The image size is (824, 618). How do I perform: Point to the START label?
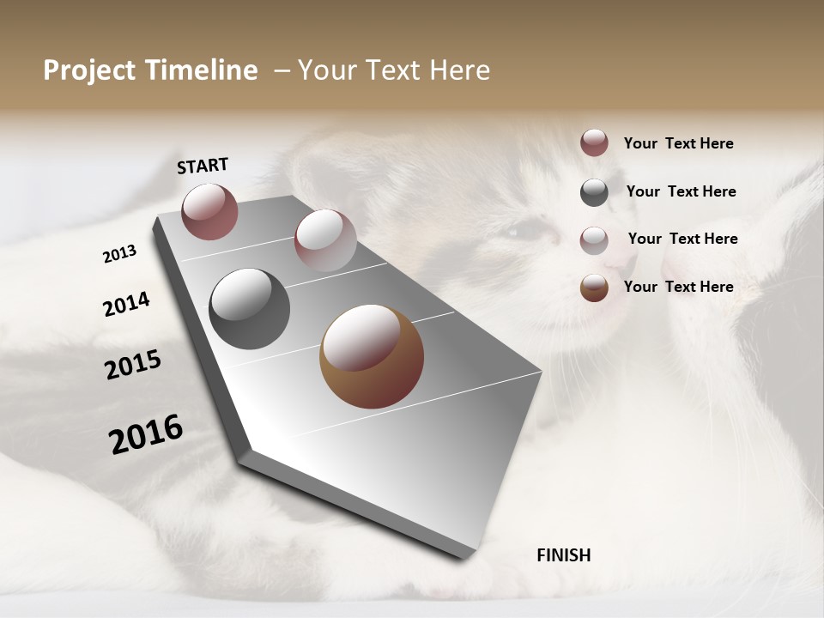[203, 166]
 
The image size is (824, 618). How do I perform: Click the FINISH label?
[563, 555]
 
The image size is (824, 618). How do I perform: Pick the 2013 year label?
[119, 254]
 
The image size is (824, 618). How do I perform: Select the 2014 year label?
[126, 305]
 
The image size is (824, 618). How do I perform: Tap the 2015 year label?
[133, 365]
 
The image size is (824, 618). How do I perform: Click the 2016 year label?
[146, 434]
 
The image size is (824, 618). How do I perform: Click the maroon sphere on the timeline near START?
[209, 211]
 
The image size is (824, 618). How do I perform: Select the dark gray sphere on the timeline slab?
[249, 309]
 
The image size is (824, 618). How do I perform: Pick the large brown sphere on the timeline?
[372, 356]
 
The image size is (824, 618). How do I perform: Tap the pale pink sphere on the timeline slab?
[325, 239]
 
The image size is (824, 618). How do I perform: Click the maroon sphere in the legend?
[594, 142]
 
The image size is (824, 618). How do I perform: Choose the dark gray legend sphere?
[594, 192]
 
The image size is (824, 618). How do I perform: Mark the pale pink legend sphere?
[594, 239]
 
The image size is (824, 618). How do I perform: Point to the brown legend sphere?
[594, 288]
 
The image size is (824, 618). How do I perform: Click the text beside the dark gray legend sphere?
[681, 191]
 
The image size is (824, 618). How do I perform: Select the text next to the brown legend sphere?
[678, 287]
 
